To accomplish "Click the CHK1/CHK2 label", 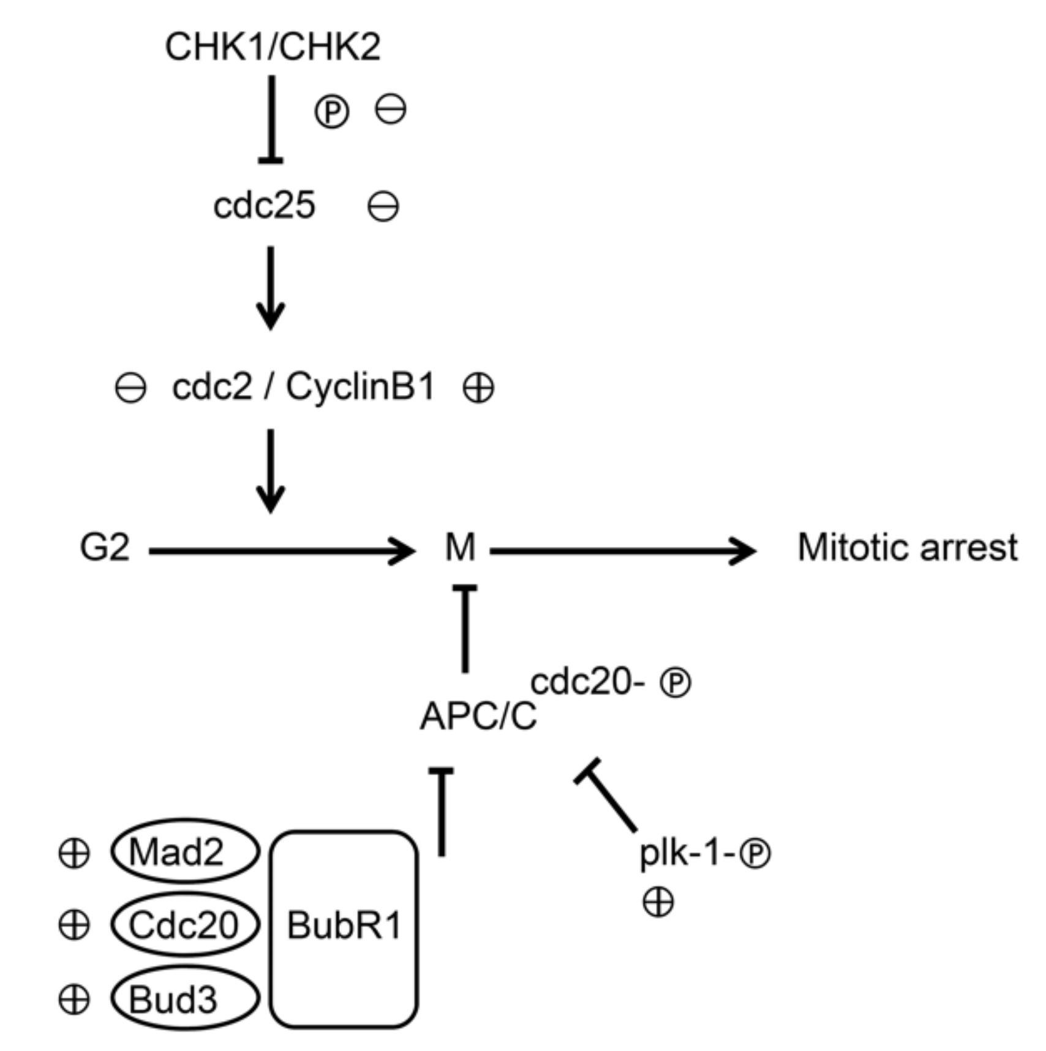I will pyautogui.click(x=273, y=47).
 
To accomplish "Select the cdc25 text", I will pyautogui.click(x=264, y=205).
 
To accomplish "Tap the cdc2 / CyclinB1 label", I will pyautogui.click(x=303, y=387).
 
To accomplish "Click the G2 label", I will pyautogui.click(x=105, y=547).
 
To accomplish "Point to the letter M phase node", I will pyautogui.click(x=460, y=547).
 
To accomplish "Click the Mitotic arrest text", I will pyautogui.click(x=908, y=547).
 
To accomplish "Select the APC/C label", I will pyautogui.click(x=478, y=715).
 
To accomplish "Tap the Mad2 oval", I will pyautogui.click(x=185, y=852).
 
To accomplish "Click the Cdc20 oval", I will pyautogui.click(x=185, y=924).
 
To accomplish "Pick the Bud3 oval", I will pyautogui.click(x=185, y=999).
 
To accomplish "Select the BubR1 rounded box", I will pyautogui.click(x=344, y=925).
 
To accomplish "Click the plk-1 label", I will pyautogui.click(x=686, y=852).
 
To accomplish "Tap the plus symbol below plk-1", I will pyautogui.click(x=658, y=902).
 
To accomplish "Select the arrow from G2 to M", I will pyautogui.click(x=282, y=551).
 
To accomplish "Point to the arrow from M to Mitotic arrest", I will pyautogui.click(x=622, y=551).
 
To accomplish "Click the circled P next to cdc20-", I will pyautogui.click(x=675, y=683).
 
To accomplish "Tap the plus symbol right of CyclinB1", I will pyautogui.click(x=478, y=388).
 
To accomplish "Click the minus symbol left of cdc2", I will pyautogui.click(x=130, y=388).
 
